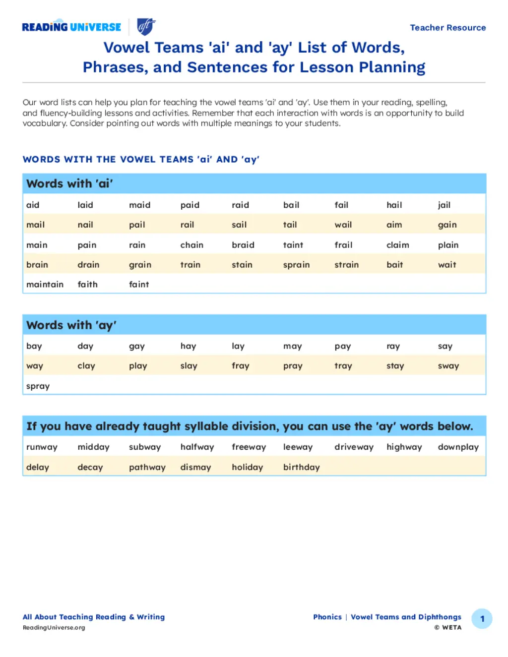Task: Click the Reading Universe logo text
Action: (71, 27)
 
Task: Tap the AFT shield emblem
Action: (146, 27)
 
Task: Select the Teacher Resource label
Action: (447, 28)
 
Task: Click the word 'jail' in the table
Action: (444, 205)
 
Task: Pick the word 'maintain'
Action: (45, 284)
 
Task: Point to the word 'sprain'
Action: (296, 265)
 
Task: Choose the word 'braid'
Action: (243, 245)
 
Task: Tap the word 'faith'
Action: (87, 284)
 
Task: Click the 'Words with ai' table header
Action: (69, 183)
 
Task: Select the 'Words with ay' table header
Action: (71, 325)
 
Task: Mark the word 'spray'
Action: (38, 386)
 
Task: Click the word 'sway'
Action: (448, 366)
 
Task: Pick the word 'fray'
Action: (240, 366)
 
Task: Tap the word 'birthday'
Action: (301, 467)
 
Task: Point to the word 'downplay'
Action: (458, 447)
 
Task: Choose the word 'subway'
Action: (144, 447)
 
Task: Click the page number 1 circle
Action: (482, 619)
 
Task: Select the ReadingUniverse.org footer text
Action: (54, 628)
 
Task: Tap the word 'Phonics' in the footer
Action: (327, 617)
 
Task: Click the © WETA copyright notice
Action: (447, 628)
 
